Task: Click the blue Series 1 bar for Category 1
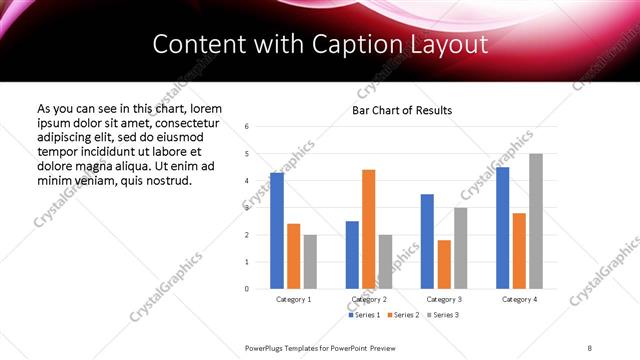(277, 231)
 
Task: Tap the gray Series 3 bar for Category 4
(536, 221)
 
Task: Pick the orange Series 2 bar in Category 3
(444, 264)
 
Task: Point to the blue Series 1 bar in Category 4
(502, 228)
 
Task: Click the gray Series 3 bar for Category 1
(310, 262)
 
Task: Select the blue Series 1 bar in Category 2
(352, 255)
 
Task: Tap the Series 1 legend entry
(365, 316)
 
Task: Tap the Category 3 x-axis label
(444, 299)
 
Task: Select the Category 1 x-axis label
(293, 299)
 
